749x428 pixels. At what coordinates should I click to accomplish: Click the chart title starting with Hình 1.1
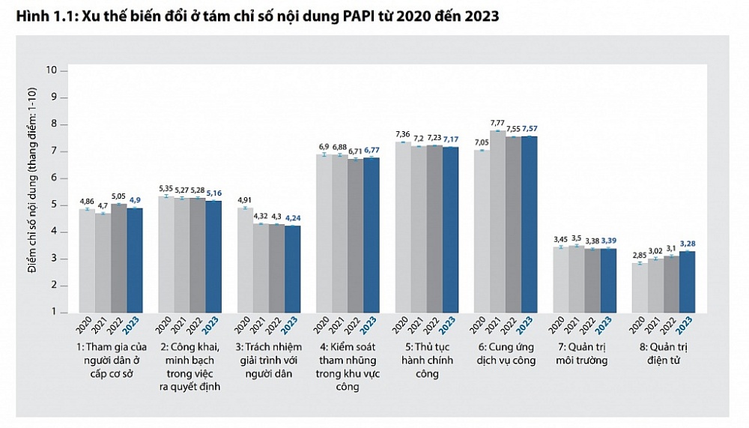tap(254, 15)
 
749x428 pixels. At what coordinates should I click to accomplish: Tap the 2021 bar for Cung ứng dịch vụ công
tap(497, 221)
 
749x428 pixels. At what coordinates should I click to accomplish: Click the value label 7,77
tap(498, 122)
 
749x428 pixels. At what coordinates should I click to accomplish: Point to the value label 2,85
tap(639, 255)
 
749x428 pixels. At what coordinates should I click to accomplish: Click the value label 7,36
tap(403, 133)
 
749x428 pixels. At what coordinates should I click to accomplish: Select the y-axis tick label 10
tap(52, 70)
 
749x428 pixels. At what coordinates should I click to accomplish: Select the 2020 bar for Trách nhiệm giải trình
tap(245, 260)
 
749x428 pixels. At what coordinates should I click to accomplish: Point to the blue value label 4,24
tap(294, 218)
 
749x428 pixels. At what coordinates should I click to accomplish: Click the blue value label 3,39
tap(609, 241)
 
